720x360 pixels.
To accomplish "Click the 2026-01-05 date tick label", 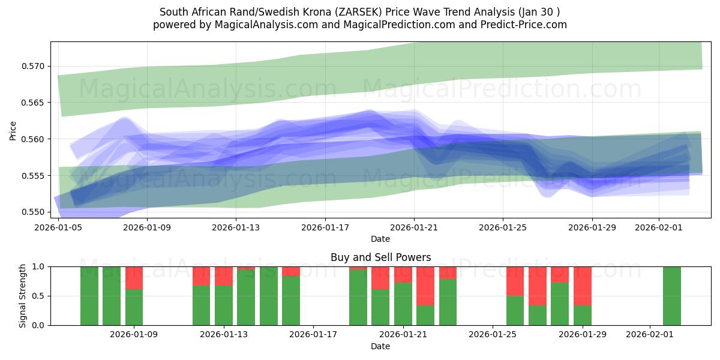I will tap(59, 227).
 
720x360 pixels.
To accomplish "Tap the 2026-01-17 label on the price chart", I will tap(325, 227).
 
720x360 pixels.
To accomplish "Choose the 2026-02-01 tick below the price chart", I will tap(659, 227).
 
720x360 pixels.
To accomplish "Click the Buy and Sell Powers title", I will tap(380, 257).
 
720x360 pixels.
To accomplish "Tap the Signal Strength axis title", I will tap(22, 295).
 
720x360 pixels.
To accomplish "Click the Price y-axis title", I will tap(13, 130).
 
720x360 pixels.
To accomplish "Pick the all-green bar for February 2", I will tap(672, 296).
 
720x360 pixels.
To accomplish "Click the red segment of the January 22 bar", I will tap(425, 286).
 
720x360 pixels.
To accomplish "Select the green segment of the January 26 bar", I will tap(515, 310).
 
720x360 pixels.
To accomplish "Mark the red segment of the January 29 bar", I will tap(583, 286).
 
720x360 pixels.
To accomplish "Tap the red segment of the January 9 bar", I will tap(134, 278).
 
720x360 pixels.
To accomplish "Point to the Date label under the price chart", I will tap(380, 239).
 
